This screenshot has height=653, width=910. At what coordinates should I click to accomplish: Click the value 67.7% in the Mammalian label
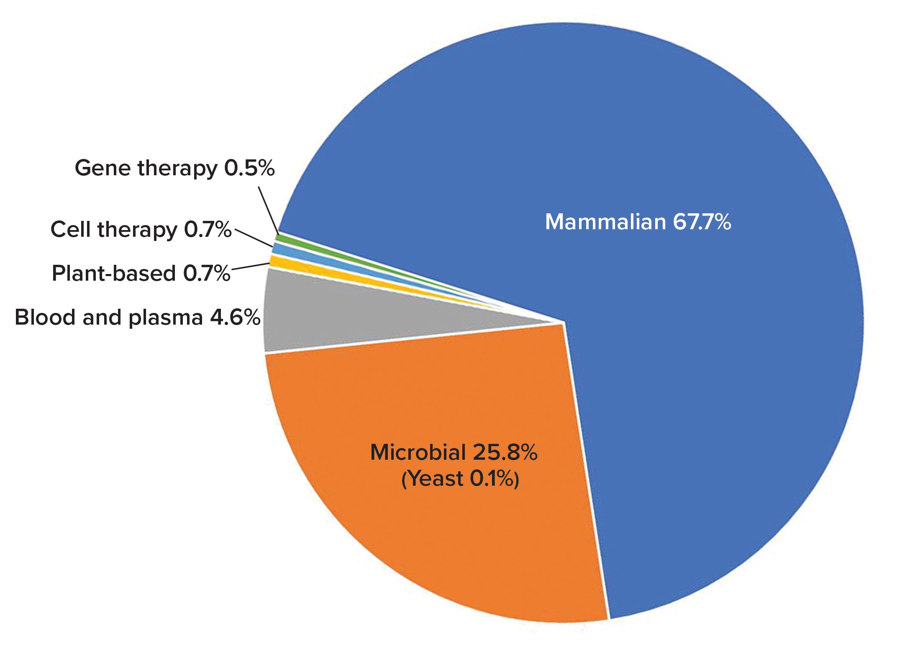(x=702, y=222)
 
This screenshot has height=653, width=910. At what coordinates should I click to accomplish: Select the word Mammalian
(x=605, y=222)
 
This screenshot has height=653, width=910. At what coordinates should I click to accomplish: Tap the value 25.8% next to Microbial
(x=505, y=453)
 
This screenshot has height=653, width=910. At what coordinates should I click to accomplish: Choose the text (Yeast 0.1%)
(x=460, y=479)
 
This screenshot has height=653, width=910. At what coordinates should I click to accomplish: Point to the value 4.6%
(x=235, y=318)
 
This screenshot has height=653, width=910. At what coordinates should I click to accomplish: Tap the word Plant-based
(x=113, y=274)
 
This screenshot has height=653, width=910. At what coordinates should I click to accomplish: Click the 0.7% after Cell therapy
(x=208, y=230)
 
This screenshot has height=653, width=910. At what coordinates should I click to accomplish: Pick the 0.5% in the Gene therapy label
(x=249, y=168)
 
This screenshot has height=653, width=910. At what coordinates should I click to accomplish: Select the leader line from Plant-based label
(x=250, y=266)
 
